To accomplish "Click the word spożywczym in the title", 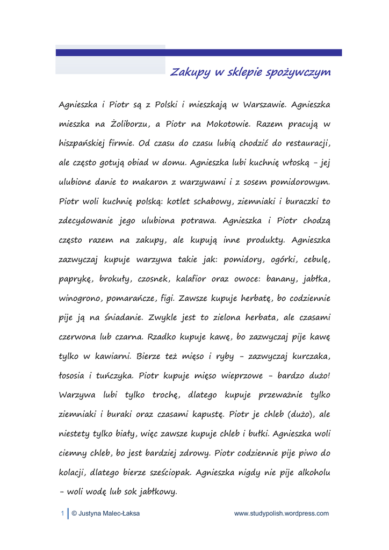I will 298,73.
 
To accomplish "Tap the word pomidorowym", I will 299,183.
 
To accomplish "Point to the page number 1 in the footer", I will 62,513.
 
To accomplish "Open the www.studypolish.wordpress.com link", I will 282,513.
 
